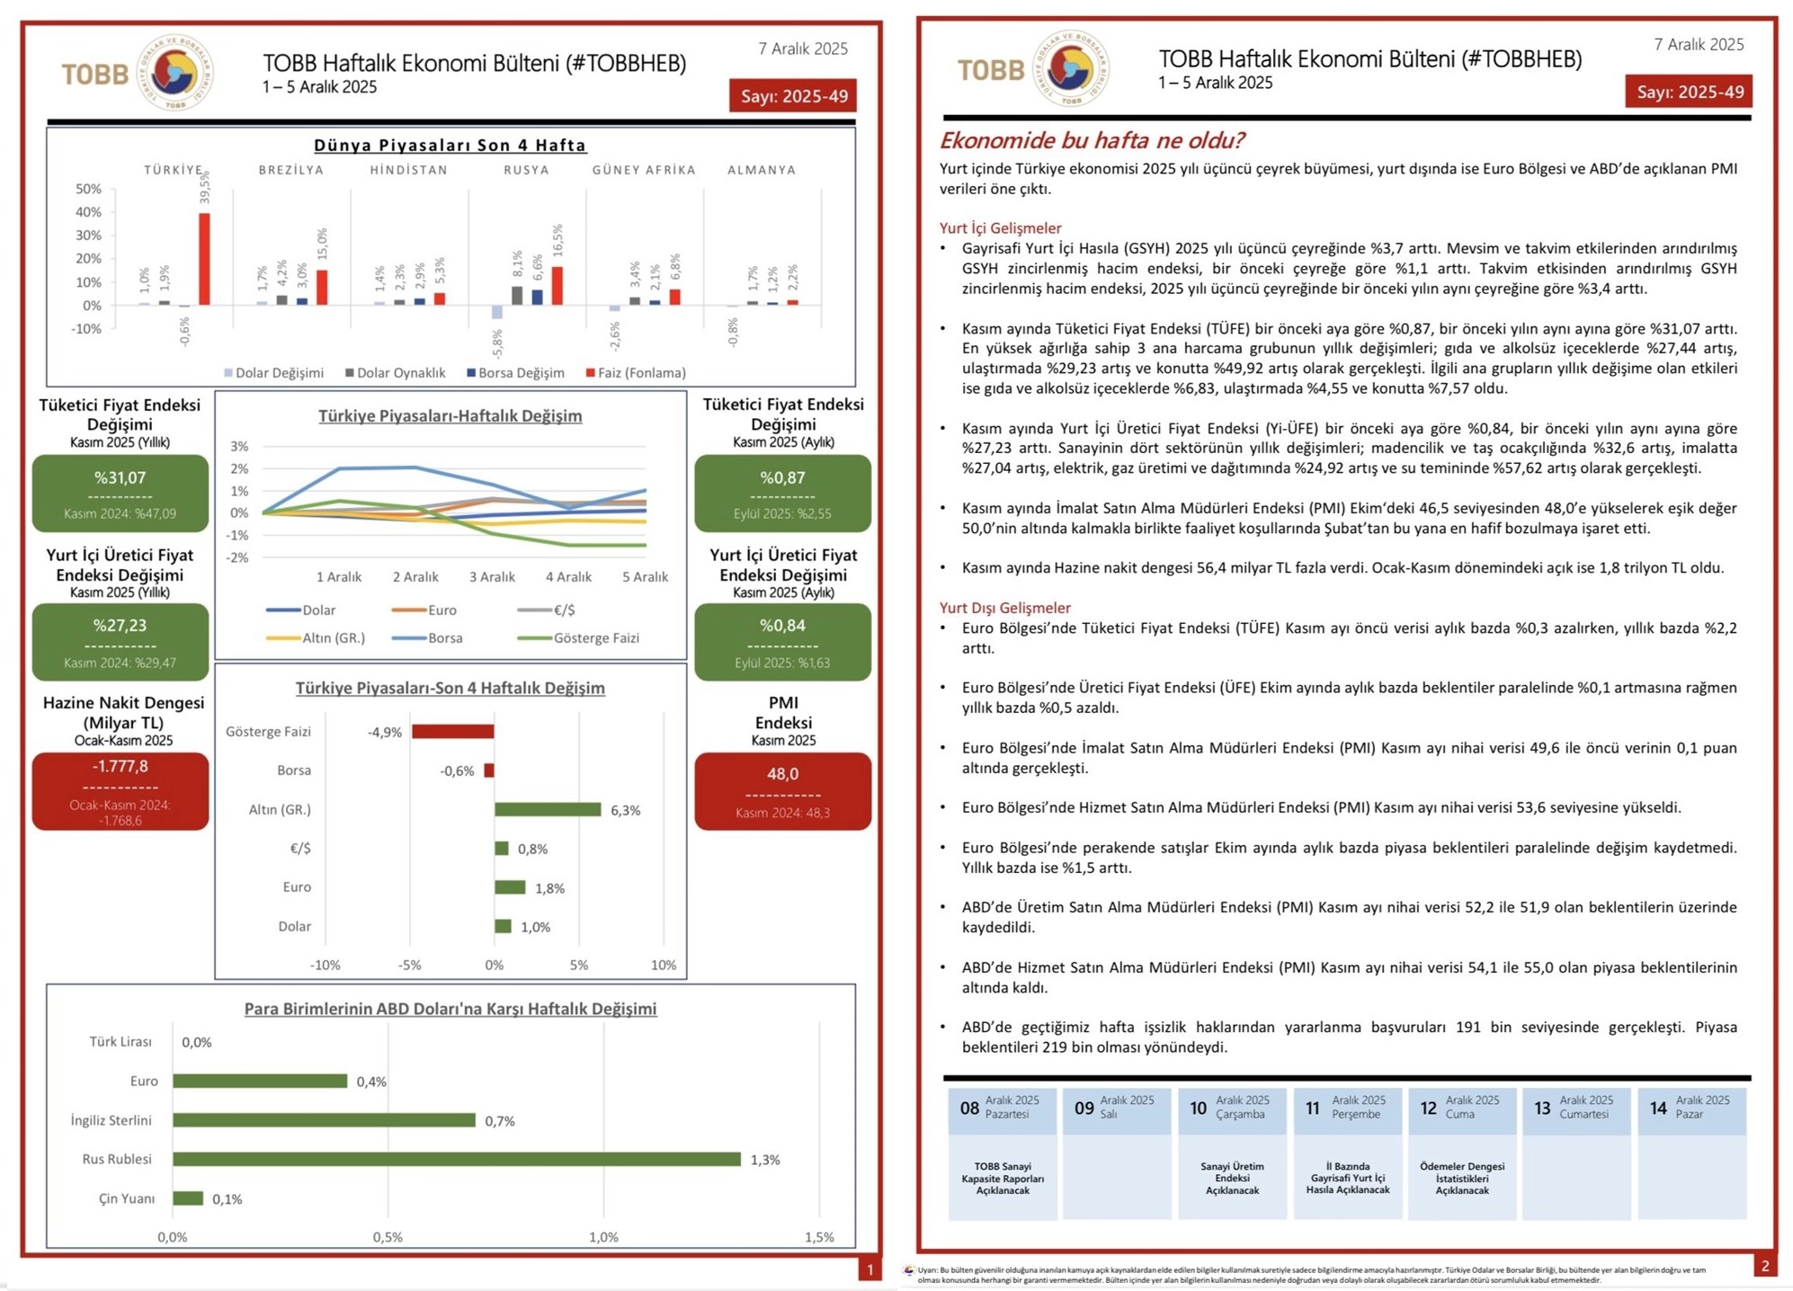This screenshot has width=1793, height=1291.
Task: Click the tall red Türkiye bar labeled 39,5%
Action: [x=204, y=259]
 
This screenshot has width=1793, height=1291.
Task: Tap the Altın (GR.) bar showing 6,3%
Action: [x=547, y=810]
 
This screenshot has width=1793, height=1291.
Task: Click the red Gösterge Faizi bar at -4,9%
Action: [x=452, y=732]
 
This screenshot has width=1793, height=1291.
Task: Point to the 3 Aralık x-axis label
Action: [x=492, y=577]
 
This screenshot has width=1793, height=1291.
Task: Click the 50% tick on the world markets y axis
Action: [x=89, y=189]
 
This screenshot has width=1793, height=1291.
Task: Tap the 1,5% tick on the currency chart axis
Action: [x=819, y=1237]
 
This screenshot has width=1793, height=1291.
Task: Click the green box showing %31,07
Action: [x=120, y=493]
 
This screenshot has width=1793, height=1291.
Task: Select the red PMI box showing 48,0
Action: [x=782, y=790]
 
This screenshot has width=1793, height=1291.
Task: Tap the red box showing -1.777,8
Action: [x=120, y=790]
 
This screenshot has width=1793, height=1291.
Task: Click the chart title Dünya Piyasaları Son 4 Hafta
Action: [x=450, y=146]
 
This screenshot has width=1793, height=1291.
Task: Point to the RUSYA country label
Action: [x=526, y=170]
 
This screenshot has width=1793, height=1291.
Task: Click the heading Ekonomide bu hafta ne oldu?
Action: [x=1092, y=141]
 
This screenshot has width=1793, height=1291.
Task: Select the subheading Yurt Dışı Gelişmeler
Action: [x=1004, y=608]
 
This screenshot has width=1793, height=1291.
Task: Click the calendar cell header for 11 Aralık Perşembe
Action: [x=1347, y=1108]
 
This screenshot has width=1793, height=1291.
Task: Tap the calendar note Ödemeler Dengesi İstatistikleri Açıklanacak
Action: [x=1461, y=1178]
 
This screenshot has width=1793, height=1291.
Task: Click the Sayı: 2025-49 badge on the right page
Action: [x=1689, y=92]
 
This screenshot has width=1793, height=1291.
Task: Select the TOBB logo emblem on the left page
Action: [x=175, y=73]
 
